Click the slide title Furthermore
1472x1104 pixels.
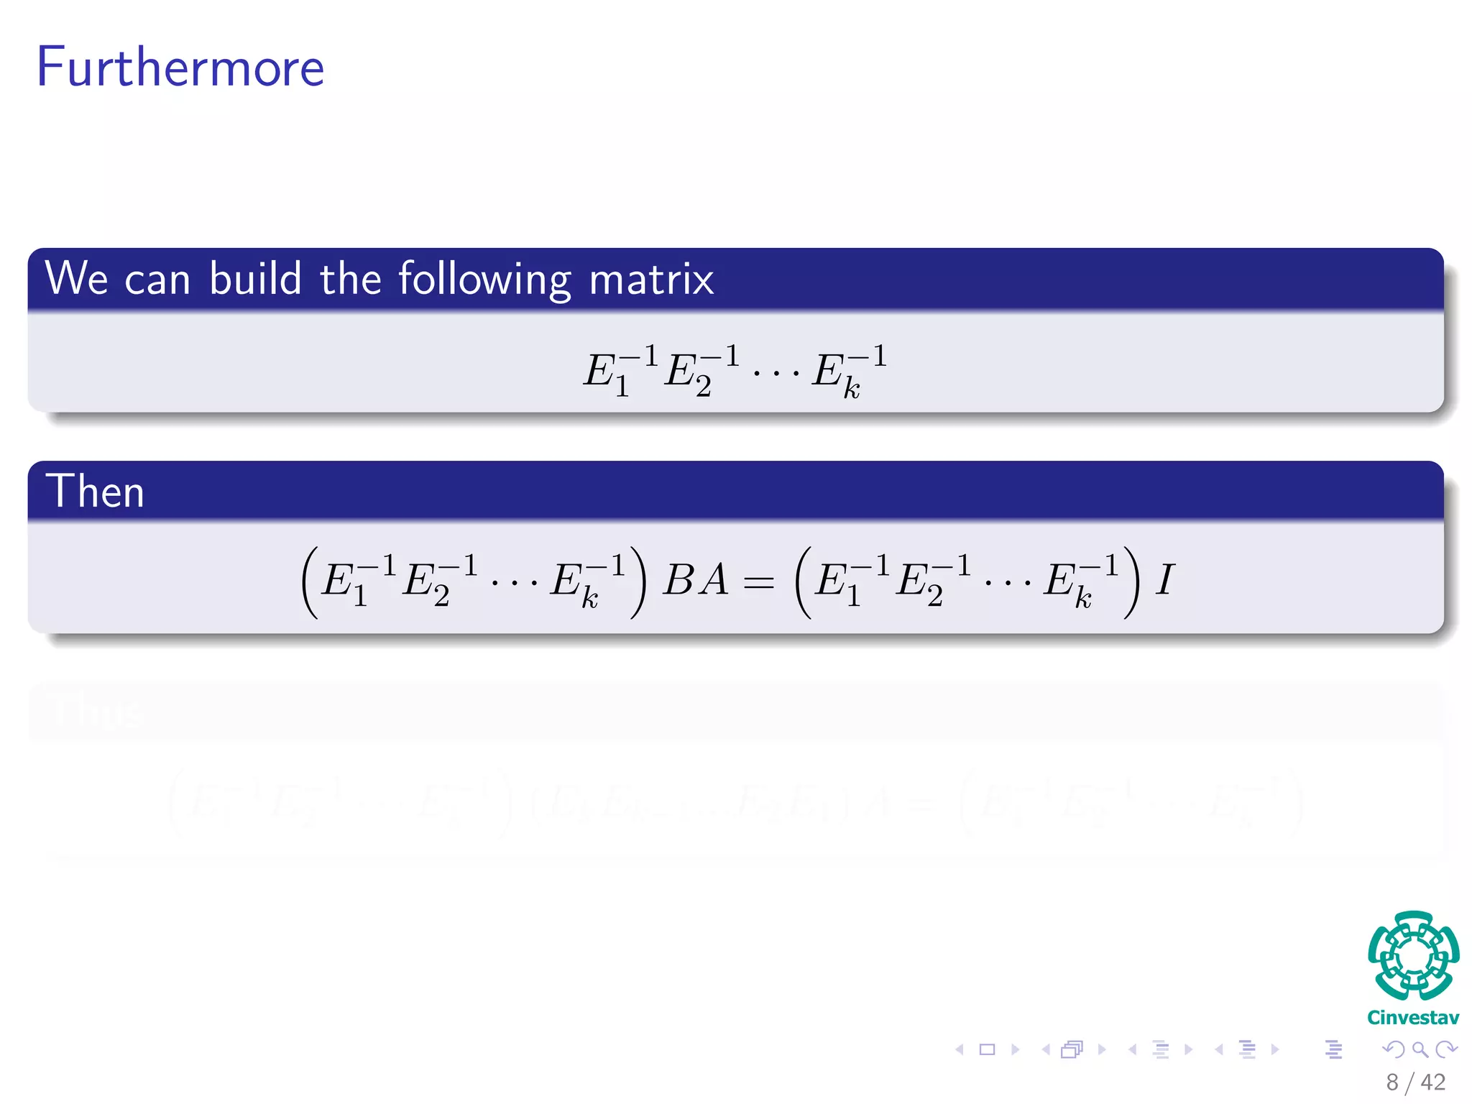coord(180,67)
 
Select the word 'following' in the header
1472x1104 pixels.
coord(484,280)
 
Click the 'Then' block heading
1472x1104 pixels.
coord(95,492)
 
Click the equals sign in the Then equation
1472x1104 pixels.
coord(759,582)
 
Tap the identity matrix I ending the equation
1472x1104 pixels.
coord(1164,580)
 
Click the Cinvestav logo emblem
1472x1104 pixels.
coord(1413,955)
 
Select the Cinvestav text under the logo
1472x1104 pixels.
coord(1413,1018)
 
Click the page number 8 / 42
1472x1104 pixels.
coord(1415,1082)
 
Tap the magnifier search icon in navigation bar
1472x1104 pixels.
coord(1420,1049)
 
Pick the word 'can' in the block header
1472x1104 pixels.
coord(157,280)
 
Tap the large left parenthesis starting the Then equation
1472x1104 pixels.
coord(310,582)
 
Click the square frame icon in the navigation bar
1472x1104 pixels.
coord(988,1049)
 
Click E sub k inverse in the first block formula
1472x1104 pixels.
coord(848,372)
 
